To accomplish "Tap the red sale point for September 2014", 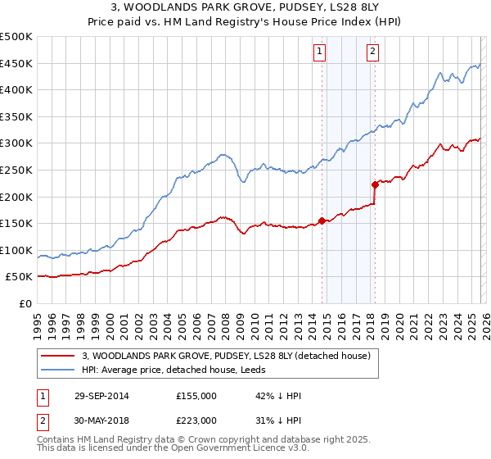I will click(322, 220).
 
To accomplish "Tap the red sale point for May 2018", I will click(375, 184).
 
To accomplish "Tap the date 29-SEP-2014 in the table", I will click(97, 396).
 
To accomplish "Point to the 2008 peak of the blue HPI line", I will click(222, 153).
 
